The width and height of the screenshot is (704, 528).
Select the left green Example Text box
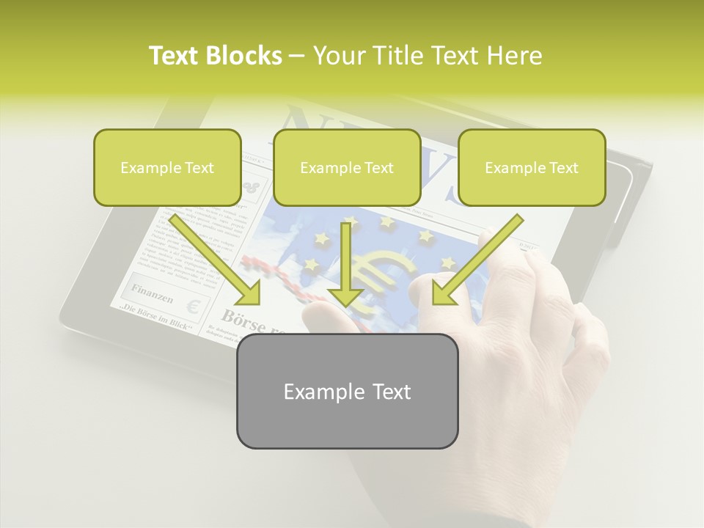(167, 168)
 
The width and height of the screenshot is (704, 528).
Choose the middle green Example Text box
(347, 168)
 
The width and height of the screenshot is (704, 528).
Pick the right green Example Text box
(532, 168)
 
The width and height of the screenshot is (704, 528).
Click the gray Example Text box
(347, 391)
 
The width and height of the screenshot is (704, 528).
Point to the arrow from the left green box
(216, 261)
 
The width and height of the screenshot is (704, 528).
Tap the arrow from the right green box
(477, 261)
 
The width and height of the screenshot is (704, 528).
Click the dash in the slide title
(298, 56)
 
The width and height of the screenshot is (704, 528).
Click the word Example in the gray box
(319, 392)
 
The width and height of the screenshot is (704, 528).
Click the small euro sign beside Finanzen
(194, 306)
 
